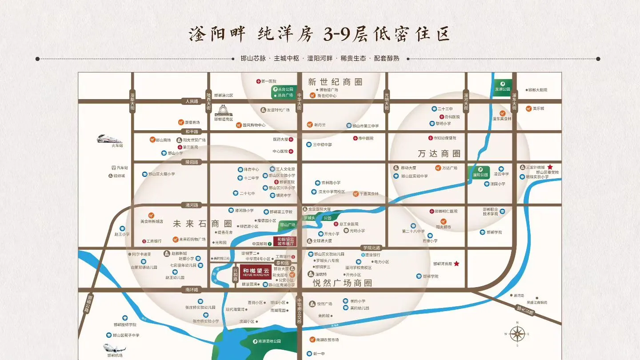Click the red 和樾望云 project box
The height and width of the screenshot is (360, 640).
coord(256,272)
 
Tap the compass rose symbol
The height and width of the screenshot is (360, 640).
coord(517,333)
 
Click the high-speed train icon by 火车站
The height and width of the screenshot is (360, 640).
coord(109,139)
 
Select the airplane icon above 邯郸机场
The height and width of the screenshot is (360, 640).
coord(114,348)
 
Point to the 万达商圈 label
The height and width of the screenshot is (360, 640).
coord(439,154)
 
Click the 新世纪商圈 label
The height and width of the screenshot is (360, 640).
coord(335,82)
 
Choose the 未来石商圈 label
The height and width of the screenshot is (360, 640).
coord(202,224)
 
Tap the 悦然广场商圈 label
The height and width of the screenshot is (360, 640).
coord(342,283)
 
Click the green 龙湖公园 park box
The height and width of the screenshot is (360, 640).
coord(503,86)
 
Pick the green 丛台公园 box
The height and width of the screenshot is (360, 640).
coord(283,92)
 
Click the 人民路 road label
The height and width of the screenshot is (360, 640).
coord(192,101)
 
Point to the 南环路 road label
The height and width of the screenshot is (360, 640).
coord(192,290)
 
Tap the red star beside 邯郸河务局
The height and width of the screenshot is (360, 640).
coord(456,264)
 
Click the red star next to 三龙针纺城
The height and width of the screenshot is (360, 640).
coord(549,167)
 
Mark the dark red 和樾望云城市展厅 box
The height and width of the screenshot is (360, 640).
coord(286,242)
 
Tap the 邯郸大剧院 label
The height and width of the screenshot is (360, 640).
coord(537,90)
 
